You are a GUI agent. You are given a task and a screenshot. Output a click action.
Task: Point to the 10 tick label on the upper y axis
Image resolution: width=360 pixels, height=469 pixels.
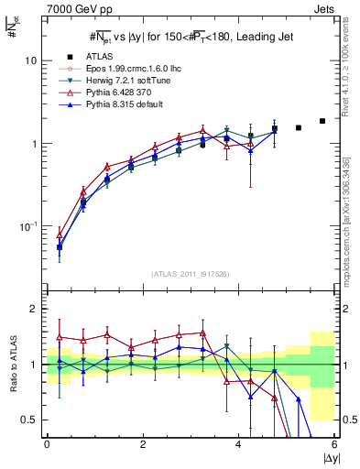click(x=30, y=60)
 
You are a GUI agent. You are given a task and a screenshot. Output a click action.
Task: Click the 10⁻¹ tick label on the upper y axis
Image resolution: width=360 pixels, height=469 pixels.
click(x=27, y=225)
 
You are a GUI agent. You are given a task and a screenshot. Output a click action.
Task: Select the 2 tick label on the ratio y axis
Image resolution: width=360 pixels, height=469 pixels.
click(x=33, y=310)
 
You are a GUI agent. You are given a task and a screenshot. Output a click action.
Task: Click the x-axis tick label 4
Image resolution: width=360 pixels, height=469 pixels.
click(x=238, y=444)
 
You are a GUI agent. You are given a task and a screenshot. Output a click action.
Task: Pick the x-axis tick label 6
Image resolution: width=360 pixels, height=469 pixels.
click(x=334, y=444)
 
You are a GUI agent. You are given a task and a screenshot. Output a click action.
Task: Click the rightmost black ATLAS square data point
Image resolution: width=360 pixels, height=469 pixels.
click(x=322, y=121)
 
